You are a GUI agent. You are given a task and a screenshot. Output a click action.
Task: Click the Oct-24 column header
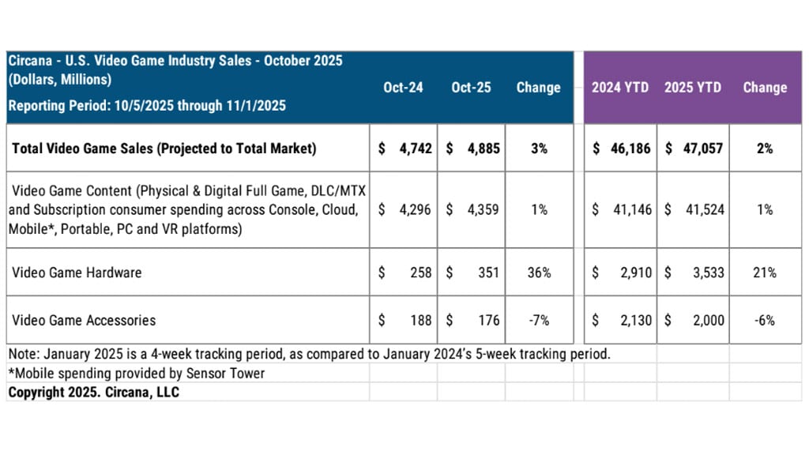[403, 88]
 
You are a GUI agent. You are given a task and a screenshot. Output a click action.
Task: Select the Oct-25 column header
[471, 88]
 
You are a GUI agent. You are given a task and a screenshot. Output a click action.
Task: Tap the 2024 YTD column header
[620, 88]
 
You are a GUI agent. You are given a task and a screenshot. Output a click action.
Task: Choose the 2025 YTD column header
[693, 88]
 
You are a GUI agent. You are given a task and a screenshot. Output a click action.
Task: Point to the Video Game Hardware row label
[77, 273]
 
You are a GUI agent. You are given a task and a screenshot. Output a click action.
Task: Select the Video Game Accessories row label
[84, 320]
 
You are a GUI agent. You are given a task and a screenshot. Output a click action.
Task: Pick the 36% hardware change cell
[539, 273]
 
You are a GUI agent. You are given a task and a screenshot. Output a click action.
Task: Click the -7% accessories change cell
[539, 320]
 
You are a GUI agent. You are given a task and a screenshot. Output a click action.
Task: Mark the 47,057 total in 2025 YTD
[703, 148]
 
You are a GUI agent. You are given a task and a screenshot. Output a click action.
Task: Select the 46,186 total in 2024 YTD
[630, 148]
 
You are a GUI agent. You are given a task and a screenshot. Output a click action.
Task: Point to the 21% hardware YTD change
[765, 273]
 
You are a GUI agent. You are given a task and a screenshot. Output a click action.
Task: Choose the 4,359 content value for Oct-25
[483, 210]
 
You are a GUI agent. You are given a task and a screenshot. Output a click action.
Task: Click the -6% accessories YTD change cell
[765, 320]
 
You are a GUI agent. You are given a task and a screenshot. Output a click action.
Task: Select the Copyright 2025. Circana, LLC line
[93, 392]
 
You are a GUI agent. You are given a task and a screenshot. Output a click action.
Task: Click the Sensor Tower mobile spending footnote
[137, 373]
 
